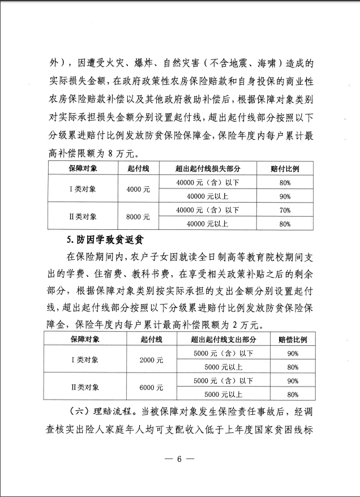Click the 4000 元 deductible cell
click(x=138, y=190)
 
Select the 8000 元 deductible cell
click(x=138, y=217)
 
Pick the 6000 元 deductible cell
click(x=152, y=388)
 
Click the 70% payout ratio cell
click(x=285, y=210)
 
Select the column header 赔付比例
click(x=285, y=169)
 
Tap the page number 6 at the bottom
click(x=179, y=459)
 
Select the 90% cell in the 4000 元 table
click(x=285, y=196)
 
